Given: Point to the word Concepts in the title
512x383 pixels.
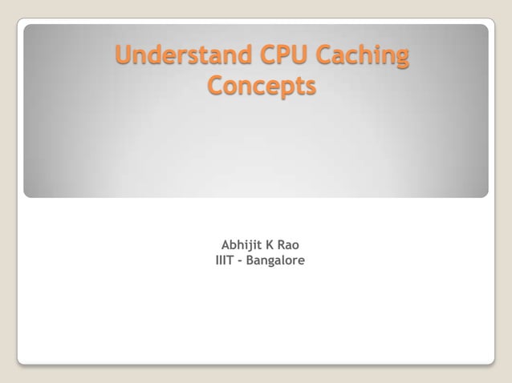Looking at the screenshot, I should (x=262, y=86).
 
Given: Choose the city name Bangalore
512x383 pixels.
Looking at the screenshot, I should (x=275, y=261).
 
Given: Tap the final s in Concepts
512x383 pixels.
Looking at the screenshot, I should (x=310, y=87).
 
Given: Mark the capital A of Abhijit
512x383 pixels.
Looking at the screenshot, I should (x=226, y=245).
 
